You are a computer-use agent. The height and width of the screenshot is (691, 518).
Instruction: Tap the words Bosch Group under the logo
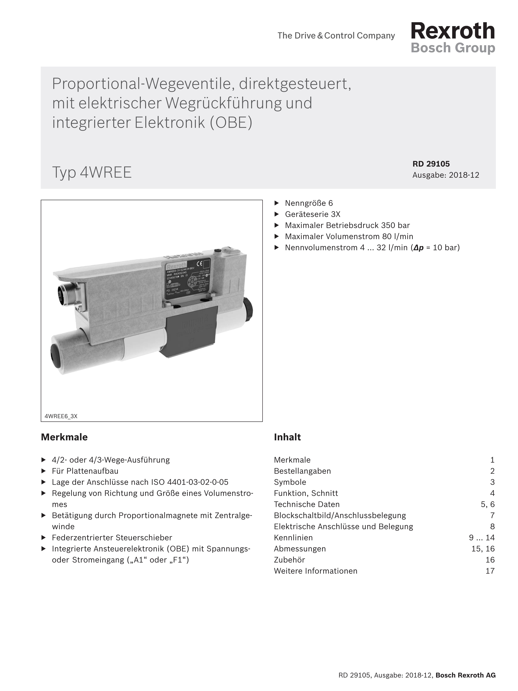(453, 48)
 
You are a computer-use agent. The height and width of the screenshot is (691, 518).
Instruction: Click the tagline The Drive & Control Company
(336, 36)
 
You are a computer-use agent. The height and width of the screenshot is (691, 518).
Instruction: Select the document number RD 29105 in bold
(431, 164)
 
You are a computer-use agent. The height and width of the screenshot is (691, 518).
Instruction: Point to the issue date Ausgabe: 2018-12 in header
(446, 175)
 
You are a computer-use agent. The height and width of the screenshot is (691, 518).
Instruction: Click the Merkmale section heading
(64, 437)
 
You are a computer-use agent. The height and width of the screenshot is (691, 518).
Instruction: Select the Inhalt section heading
(287, 437)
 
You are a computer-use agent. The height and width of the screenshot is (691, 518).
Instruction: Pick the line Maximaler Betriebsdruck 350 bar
(347, 225)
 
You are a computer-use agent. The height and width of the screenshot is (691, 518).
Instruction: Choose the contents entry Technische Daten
(307, 504)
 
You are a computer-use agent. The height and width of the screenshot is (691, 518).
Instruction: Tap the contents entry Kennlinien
(293, 537)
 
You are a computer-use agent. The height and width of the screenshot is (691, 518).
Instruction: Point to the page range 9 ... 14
(481, 537)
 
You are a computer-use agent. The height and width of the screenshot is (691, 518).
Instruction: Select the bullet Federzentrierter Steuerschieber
(112, 537)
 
